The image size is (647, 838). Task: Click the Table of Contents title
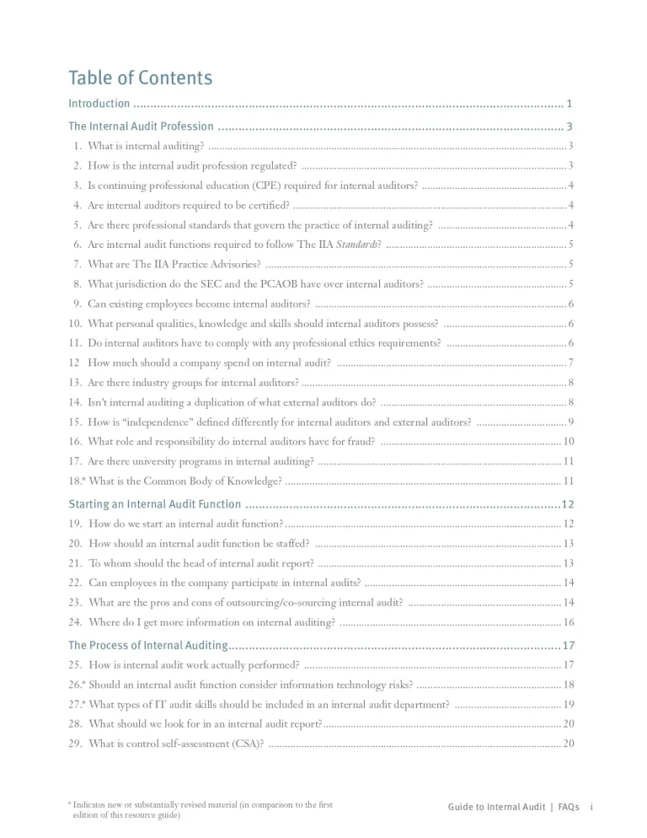[x=140, y=78]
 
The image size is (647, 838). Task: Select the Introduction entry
[x=99, y=104]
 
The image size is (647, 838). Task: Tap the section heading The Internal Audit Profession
[x=141, y=126]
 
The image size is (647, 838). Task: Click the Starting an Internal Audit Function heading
[x=154, y=504]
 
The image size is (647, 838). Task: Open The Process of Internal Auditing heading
[x=147, y=645]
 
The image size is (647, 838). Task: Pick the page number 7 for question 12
[x=571, y=363]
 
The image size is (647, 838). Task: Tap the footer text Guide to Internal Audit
[x=496, y=807]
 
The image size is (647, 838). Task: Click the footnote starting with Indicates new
[x=202, y=805]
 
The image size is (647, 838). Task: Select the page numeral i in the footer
[x=591, y=807]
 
